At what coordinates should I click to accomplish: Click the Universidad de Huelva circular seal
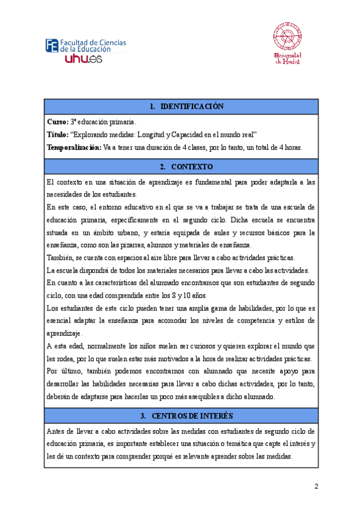pyautogui.click(x=289, y=37)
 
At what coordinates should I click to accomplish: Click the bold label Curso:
pyautogui.click(x=57, y=122)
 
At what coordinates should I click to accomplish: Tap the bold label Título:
pyautogui.click(x=57, y=135)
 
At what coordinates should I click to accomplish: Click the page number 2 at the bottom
pyautogui.click(x=316, y=487)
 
